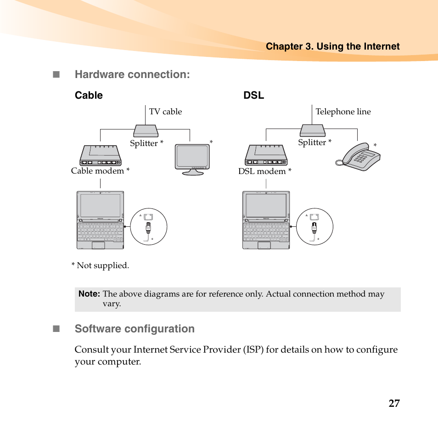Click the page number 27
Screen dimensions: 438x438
click(393, 403)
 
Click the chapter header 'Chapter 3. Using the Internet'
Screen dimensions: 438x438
click(332, 46)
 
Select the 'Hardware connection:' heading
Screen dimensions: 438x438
click(132, 74)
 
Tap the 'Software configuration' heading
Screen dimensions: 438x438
click(135, 329)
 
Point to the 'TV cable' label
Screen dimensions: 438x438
click(165, 112)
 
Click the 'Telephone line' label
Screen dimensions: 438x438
click(343, 112)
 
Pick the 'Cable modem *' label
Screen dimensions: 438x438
click(100, 171)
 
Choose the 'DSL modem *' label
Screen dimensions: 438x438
click(264, 171)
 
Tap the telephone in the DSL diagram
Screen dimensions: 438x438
click(359, 158)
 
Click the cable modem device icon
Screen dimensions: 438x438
click(101, 155)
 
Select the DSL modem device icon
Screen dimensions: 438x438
click(266, 155)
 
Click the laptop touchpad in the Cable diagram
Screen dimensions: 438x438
click(98, 245)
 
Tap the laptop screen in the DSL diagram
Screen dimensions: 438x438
click(266, 205)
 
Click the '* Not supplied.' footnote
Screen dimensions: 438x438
click(100, 265)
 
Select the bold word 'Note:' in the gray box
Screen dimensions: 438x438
click(89, 294)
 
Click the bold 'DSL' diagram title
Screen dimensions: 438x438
click(253, 95)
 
